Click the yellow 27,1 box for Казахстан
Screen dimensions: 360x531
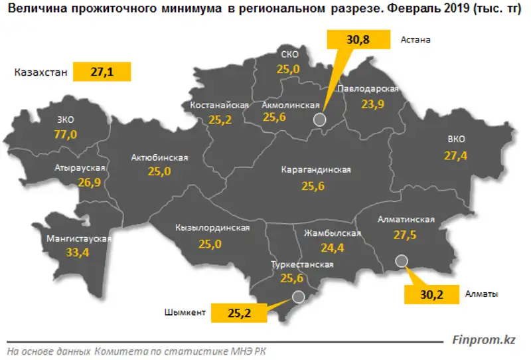click(103, 72)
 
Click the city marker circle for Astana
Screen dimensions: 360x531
click(319, 119)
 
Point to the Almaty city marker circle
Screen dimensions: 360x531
click(400, 262)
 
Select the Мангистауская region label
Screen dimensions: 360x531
click(79, 238)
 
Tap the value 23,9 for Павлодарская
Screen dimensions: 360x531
click(372, 104)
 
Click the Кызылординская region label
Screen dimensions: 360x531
click(212, 228)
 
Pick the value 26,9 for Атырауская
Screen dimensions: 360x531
click(90, 183)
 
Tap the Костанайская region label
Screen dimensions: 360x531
click(219, 106)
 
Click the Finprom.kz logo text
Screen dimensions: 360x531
click(484, 339)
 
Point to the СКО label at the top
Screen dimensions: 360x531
click(289, 54)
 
